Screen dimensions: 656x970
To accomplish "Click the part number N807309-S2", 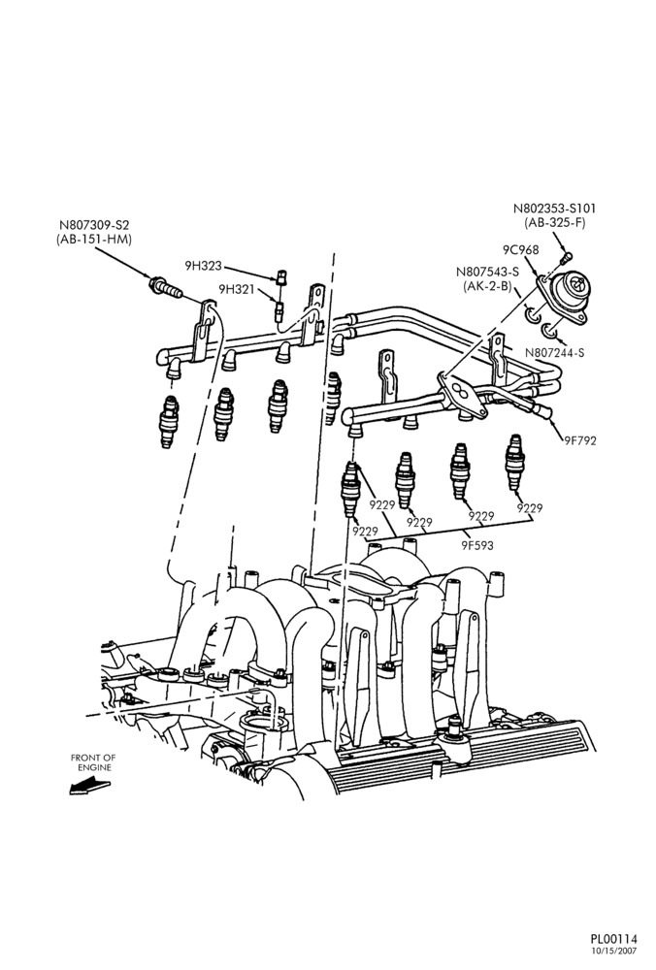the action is pyautogui.click(x=95, y=225).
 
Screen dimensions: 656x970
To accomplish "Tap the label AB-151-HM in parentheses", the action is pyautogui.click(x=93, y=240).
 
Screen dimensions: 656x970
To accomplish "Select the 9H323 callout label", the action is pyautogui.click(x=203, y=267).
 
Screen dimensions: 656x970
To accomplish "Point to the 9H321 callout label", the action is pyautogui.click(x=237, y=289).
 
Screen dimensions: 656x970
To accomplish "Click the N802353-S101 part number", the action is pyautogui.click(x=554, y=209).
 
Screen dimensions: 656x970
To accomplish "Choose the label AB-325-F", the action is pyautogui.click(x=554, y=223).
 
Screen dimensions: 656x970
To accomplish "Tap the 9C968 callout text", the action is pyautogui.click(x=520, y=250).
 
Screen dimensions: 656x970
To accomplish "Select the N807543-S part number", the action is pyautogui.click(x=488, y=272).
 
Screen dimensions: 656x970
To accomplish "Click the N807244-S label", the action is pyautogui.click(x=555, y=353).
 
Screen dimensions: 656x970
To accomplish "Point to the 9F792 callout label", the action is pyautogui.click(x=580, y=441).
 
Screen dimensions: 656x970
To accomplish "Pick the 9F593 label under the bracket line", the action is pyautogui.click(x=477, y=545).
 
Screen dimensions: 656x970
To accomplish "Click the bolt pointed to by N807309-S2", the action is pyautogui.click(x=165, y=288).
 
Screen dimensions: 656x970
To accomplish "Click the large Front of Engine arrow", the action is pyautogui.click(x=89, y=787).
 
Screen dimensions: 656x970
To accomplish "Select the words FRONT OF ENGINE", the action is pyautogui.click(x=93, y=762).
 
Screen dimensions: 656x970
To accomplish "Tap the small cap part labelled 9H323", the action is pyautogui.click(x=282, y=276).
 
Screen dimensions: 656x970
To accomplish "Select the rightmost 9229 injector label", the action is pyautogui.click(x=530, y=508).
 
